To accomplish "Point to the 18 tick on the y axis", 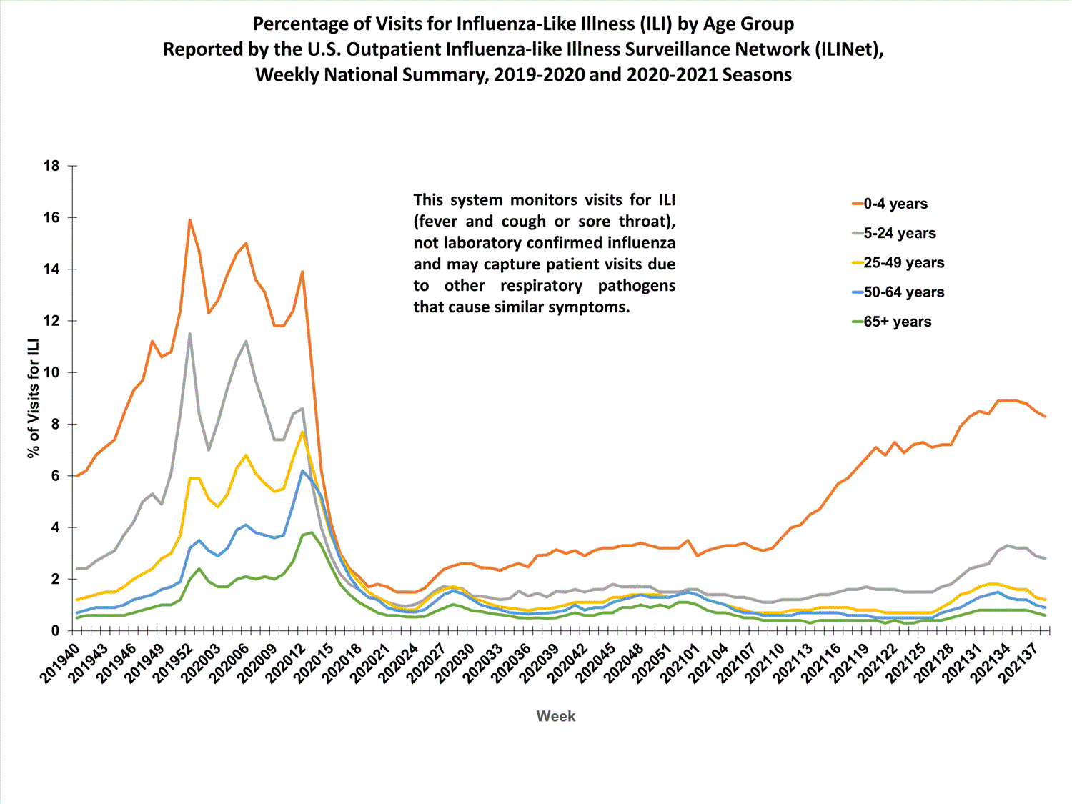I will [x=51, y=166].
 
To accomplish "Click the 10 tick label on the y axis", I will [x=51, y=372].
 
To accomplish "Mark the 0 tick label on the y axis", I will [x=55, y=630].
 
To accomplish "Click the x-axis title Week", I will [x=555, y=716].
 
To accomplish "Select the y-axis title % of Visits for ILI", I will [x=33, y=399].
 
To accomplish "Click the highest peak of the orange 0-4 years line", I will [x=189, y=220].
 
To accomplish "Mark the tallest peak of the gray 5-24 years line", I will [x=189, y=334].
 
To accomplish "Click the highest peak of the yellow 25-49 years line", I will [x=302, y=432].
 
